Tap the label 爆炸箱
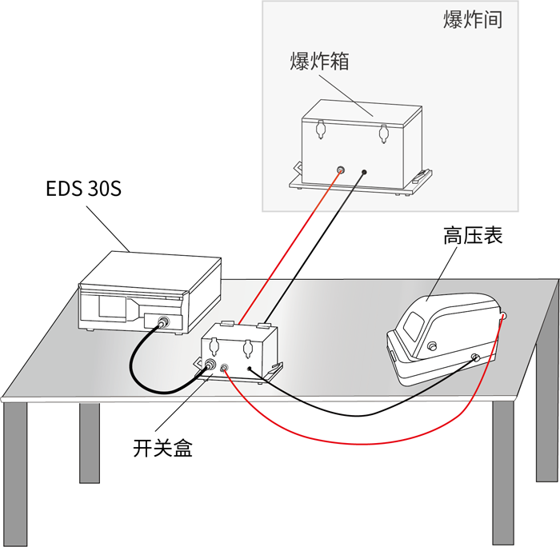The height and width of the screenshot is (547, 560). (x=319, y=62)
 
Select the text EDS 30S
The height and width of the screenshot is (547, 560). (x=83, y=192)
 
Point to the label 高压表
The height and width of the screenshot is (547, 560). (x=473, y=237)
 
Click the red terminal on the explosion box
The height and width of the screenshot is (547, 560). (x=340, y=170)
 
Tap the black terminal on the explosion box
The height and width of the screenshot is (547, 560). (x=364, y=172)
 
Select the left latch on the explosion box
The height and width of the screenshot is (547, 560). (x=321, y=129)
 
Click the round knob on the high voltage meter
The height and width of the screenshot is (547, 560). (x=433, y=345)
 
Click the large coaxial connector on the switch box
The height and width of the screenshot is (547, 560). (x=210, y=365)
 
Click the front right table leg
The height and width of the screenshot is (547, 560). (x=503, y=472)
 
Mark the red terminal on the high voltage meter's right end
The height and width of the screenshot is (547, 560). (x=503, y=317)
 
